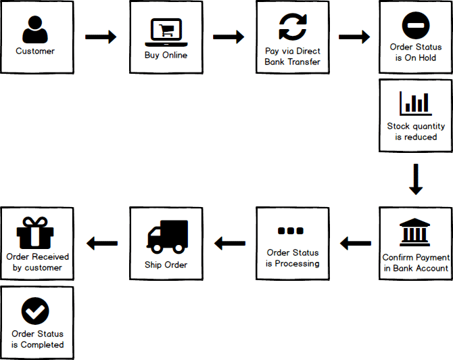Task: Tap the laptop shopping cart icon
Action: coord(166,31)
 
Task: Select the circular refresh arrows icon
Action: coord(293,28)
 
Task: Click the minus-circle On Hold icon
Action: coord(416,26)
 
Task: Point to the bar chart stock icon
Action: coord(416,103)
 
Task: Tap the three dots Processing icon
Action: coord(292,231)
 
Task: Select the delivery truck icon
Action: coord(166,236)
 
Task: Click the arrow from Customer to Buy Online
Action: coord(101,37)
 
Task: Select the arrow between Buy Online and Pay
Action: coord(229,37)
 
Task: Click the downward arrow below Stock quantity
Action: coord(416,179)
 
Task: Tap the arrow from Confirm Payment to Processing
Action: coord(355,242)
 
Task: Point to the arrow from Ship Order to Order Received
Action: coord(101,242)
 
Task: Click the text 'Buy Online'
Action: coord(166,55)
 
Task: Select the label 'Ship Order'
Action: coord(166,264)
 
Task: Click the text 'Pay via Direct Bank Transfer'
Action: coord(293,57)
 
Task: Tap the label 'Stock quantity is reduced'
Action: coord(416,131)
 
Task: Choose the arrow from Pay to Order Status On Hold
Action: coord(355,37)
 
